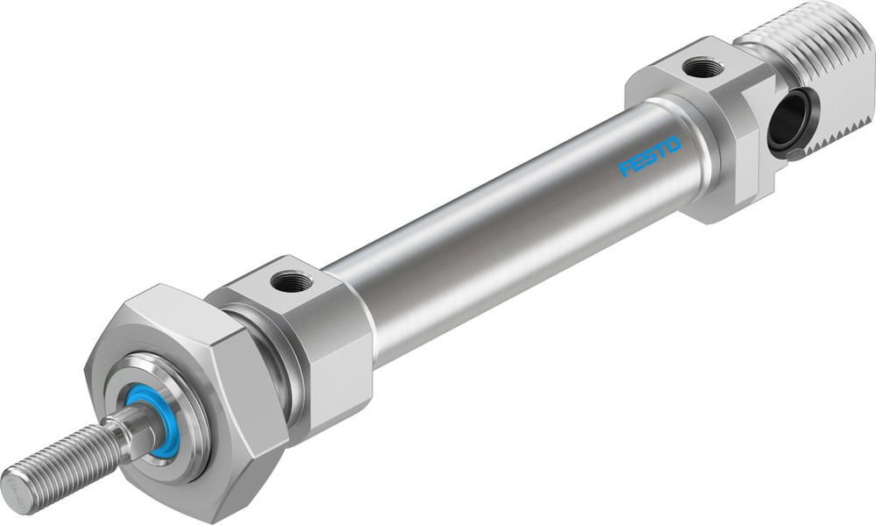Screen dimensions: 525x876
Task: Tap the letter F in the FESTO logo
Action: [x=625, y=168]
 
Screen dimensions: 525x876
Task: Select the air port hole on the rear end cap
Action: [x=703, y=67]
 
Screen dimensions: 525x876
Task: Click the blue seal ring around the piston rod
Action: [x=158, y=424]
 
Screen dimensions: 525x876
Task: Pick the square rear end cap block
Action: [x=701, y=131]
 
